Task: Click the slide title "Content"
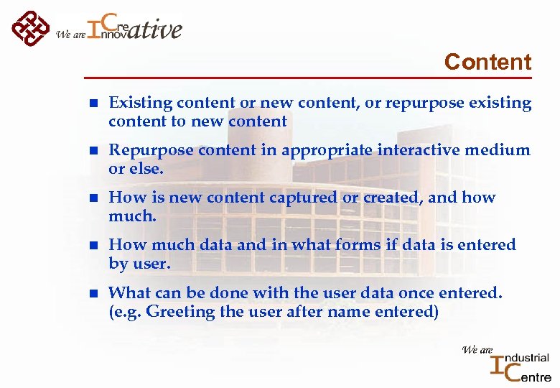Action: [x=487, y=62]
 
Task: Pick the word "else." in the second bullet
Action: [x=146, y=169]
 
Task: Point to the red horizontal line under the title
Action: [x=308, y=78]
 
